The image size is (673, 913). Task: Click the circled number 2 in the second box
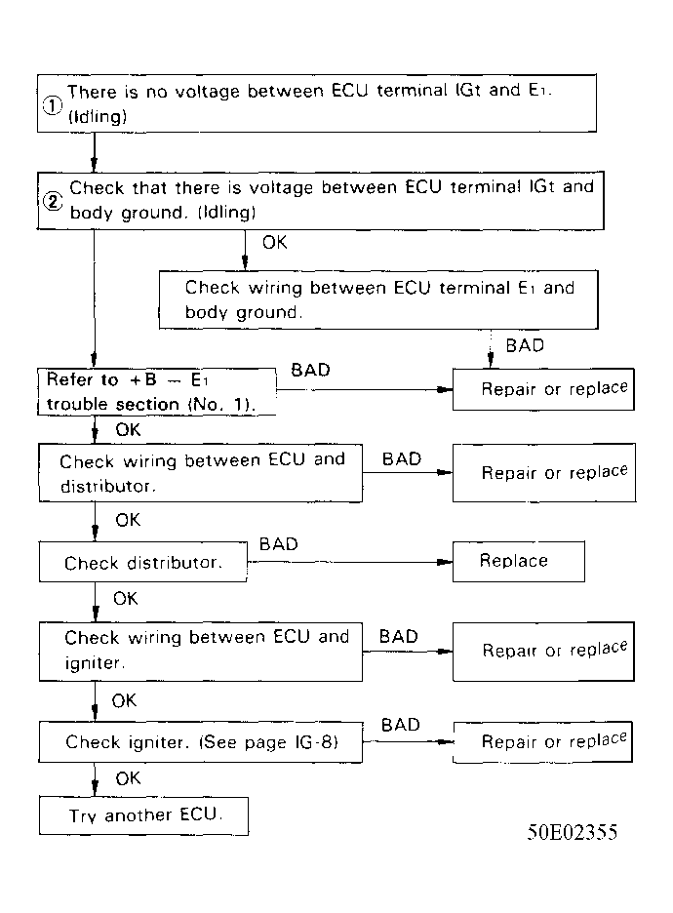tap(52, 201)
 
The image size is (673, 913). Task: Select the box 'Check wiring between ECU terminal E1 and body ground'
tap(378, 299)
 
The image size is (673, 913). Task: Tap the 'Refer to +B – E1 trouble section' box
tap(156, 392)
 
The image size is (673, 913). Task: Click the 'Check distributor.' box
tap(142, 563)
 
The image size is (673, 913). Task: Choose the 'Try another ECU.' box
tap(144, 815)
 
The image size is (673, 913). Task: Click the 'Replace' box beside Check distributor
tap(518, 562)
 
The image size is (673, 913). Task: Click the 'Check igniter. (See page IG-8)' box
tap(201, 742)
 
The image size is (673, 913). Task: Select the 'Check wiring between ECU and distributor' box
tap(201, 472)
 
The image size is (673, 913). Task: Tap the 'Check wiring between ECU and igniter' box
tap(201, 651)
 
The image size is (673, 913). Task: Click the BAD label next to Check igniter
tap(400, 725)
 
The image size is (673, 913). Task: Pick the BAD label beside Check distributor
tap(278, 544)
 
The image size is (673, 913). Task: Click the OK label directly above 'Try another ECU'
tap(128, 778)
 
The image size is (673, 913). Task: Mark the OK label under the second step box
tap(275, 243)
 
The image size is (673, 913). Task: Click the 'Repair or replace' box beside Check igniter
tap(543, 742)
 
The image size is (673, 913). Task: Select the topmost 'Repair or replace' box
tap(543, 389)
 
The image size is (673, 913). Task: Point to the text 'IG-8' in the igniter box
tap(316, 742)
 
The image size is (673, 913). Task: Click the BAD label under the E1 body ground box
tap(526, 345)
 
